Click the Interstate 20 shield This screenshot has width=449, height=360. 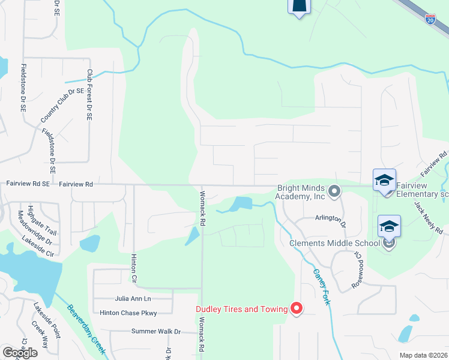(430, 19)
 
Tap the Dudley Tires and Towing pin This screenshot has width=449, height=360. (297, 308)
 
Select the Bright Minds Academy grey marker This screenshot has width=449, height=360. (335, 191)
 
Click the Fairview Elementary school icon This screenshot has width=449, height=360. (384, 179)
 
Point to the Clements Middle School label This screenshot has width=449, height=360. (334, 243)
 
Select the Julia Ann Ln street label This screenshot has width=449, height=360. (133, 298)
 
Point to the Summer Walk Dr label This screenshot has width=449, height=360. (156, 331)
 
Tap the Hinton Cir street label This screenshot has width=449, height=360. (134, 268)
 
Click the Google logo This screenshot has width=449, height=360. (20, 353)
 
